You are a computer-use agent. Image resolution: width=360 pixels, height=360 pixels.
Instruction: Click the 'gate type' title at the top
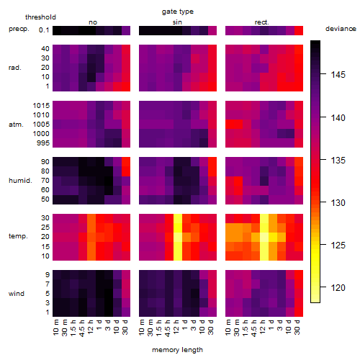178,12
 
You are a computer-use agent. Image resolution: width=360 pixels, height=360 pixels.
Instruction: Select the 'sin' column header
177,22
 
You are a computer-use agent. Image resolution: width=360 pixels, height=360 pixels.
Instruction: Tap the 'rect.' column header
262,22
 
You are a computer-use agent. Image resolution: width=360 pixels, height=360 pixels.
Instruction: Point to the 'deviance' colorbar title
341,29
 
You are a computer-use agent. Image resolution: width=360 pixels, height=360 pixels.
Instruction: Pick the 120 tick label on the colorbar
338,287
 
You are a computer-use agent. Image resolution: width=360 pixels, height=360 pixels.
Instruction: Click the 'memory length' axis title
177,350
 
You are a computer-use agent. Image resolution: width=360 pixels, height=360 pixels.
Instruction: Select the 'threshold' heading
40,17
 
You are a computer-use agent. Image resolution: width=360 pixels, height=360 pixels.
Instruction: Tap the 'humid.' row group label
20,181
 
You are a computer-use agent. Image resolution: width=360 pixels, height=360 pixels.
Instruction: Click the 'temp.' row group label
18,236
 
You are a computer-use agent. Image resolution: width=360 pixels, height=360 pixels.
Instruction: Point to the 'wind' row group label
17,294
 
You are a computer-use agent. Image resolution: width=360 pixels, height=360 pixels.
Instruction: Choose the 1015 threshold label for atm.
41,106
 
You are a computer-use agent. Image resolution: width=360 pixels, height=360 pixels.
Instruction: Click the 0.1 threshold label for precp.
44,30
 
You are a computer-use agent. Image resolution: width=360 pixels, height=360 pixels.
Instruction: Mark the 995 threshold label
43,143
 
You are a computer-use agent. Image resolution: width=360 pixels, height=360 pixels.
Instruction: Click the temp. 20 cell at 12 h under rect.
264,237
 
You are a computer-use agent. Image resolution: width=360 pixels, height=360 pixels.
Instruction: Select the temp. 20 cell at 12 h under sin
178,237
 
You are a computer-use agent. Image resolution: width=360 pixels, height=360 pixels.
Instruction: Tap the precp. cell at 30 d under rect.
299,30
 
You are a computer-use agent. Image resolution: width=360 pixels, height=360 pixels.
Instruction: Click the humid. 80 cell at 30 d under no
126,171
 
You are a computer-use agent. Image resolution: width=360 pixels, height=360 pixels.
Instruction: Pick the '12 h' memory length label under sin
176,327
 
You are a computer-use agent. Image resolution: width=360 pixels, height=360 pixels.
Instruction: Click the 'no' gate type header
93,22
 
